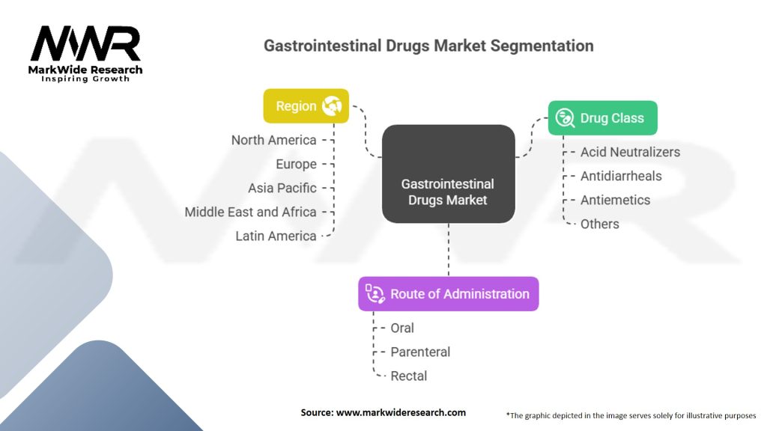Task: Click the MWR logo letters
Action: click(85, 43)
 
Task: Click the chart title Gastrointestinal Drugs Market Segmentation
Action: click(428, 46)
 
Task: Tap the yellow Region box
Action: click(306, 106)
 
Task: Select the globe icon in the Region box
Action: click(332, 106)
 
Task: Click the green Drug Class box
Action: click(603, 117)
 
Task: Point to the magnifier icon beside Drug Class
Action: click(565, 117)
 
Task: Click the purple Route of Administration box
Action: click(449, 293)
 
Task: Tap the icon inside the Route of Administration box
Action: click(375, 293)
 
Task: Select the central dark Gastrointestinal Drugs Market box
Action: click(449, 174)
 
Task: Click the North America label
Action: click(274, 140)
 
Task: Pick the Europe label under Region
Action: click(296, 164)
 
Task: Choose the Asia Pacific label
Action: click(282, 188)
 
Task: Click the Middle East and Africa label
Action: click(250, 212)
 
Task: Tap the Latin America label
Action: click(276, 236)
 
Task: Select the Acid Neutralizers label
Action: click(630, 152)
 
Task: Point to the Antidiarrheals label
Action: click(621, 176)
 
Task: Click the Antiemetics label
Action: click(616, 200)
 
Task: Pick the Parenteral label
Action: click(420, 352)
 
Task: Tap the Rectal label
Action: click(408, 376)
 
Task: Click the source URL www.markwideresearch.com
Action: click(401, 412)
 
